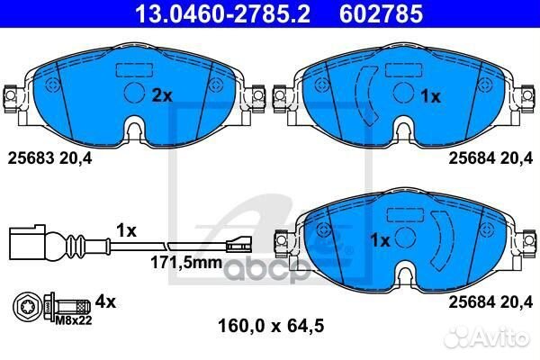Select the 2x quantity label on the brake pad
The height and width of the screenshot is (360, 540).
click(162, 94)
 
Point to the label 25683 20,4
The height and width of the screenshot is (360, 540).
click(52, 157)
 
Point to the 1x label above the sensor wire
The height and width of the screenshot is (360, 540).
click(125, 230)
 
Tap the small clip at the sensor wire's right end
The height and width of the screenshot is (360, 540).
click(238, 242)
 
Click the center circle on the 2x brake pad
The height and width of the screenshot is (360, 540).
click(132, 94)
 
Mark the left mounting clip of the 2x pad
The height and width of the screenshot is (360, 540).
click(12, 95)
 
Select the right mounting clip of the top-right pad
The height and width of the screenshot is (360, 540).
click(527, 95)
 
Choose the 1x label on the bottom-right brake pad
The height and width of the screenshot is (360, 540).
click(381, 240)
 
